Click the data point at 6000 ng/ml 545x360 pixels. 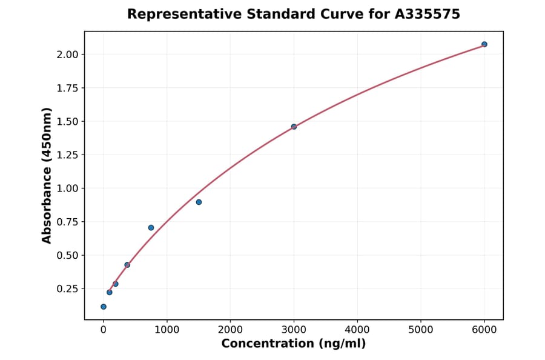(484, 44)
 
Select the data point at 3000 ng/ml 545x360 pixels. (294, 127)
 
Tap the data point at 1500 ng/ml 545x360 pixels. (199, 202)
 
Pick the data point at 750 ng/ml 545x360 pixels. (151, 228)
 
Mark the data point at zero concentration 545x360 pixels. (104, 307)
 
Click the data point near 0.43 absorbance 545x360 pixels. (127, 265)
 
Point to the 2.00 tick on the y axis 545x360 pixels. (67, 55)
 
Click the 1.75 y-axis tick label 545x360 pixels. (67, 88)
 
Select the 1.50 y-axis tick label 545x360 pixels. (67, 121)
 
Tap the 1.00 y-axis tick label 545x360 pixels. (67, 188)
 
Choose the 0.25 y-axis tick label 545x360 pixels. (67, 288)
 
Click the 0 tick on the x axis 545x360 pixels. (104, 330)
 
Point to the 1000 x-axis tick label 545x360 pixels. (167, 330)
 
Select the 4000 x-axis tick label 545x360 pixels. (357, 330)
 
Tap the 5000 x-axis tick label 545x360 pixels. (421, 330)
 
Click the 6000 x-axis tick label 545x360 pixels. (484, 330)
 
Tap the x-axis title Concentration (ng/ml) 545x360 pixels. (294, 344)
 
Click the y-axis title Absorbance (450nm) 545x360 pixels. (47, 176)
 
